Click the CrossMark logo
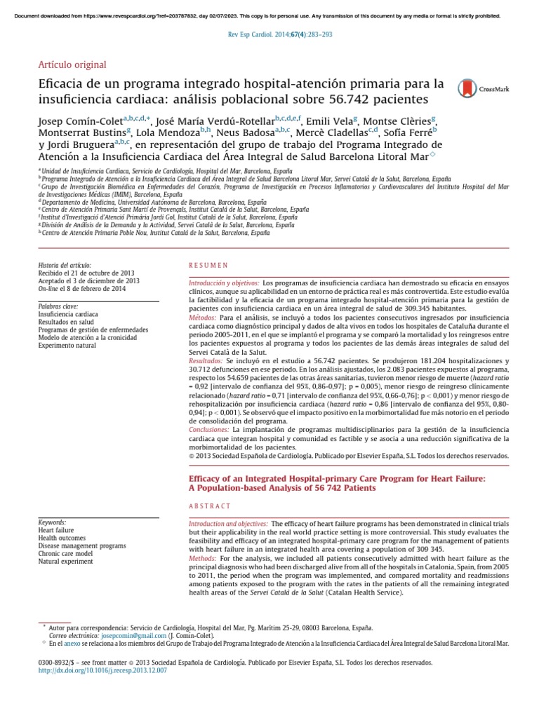tap(484, 88)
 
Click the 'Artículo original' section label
tap(72, 65)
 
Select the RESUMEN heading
tap(209, 265)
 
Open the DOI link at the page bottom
tap(102, 670)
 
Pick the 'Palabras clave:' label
tap(58, 306)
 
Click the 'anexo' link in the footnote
tap(72, 642)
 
